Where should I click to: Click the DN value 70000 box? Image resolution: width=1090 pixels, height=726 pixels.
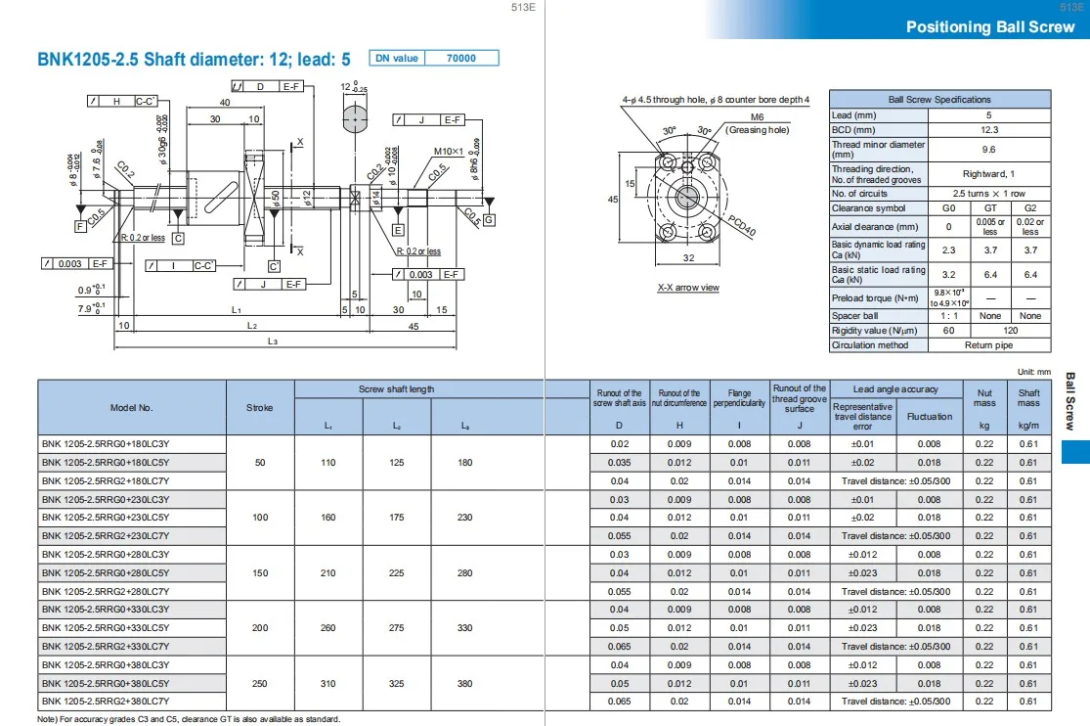click(460, 59)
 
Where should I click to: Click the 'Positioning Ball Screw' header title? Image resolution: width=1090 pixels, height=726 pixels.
click(990, 26)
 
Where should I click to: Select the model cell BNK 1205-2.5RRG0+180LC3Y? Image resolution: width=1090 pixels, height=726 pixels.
click(105, 444)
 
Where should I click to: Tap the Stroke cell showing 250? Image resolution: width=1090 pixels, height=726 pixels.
click(260, 683)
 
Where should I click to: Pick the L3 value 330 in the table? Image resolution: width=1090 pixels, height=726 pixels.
click(464, 628)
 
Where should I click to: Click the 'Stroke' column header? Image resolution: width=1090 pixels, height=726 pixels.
click(260, 408)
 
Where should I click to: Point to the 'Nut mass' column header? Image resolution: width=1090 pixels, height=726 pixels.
click(984, 397)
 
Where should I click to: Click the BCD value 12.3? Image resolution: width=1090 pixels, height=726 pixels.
click(989, 130)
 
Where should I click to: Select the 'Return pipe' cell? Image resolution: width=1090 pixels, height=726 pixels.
click(989, 345)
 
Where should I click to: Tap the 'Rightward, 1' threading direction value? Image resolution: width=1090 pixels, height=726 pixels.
click(989, 173)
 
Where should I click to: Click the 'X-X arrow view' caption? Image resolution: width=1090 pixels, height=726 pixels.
click(688, 288)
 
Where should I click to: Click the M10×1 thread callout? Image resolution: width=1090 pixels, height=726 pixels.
click(450, 152)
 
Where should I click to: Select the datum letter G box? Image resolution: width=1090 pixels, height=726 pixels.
click(489, 219)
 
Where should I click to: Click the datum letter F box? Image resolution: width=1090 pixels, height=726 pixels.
click(80, 227)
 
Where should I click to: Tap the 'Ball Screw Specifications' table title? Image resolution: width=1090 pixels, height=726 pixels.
click(939, 100)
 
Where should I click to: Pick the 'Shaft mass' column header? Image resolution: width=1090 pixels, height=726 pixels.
click(1028, 397)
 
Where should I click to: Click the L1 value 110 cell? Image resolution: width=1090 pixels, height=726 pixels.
click(328, 463)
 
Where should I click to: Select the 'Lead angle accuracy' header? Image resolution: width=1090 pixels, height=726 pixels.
click(895, 389)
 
